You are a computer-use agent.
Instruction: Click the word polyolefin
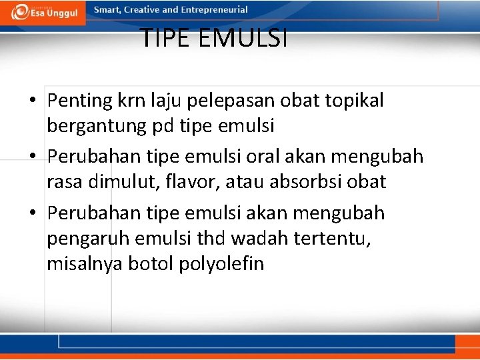[221, 264]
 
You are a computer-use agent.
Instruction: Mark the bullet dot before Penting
[33, 101]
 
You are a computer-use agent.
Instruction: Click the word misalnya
[83, 264]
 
